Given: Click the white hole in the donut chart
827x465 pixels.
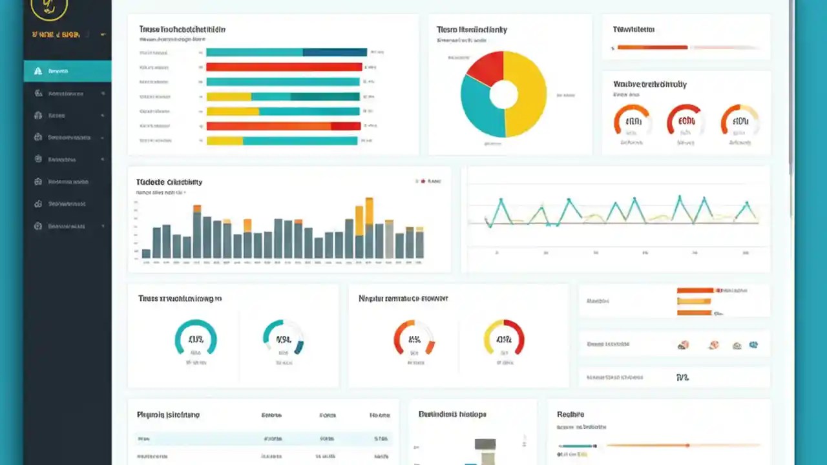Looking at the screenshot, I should click(503, 94).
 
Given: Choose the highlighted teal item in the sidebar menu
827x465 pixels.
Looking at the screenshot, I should click(67, 71).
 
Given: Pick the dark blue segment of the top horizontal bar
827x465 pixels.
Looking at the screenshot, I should click(335, 52).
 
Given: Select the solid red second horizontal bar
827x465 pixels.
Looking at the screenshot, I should click(284, 67).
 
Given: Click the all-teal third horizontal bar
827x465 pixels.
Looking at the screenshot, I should click(282, 82).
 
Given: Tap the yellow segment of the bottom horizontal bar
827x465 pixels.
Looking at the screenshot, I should click(224, 141).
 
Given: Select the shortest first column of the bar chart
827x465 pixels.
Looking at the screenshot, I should click(147, 253).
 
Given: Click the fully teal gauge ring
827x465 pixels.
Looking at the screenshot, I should click(196, 337).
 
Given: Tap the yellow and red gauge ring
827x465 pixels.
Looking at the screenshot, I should click(504, 337).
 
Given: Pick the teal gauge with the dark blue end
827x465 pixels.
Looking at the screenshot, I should click(284, 337).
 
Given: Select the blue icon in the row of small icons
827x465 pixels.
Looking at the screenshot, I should click(753, 346).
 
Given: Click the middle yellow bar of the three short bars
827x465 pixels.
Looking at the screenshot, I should click(694, 302).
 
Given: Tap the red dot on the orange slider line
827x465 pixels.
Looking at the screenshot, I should click(687, 445).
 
